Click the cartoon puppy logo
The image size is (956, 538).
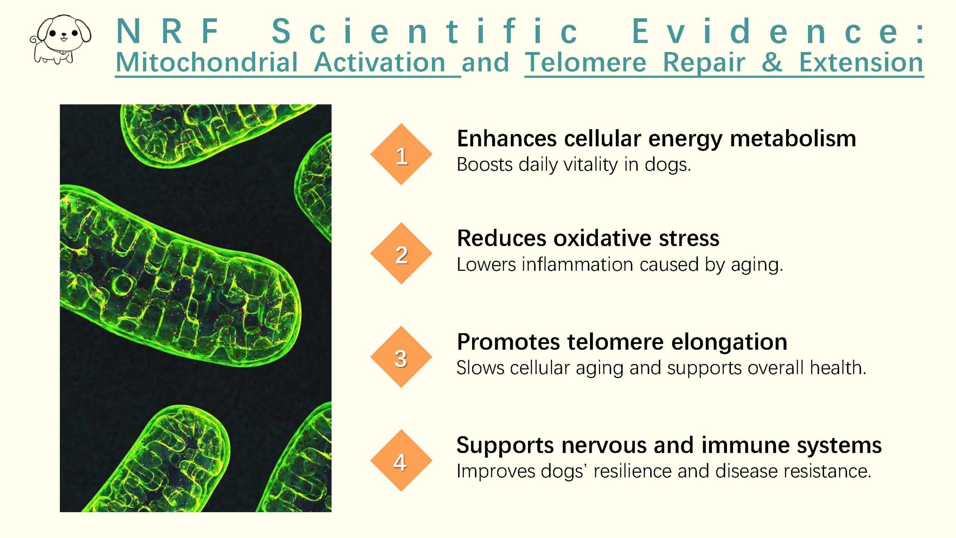point(60,39)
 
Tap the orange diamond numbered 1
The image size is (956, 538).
point(401,154)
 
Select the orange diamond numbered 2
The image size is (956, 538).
point(401,254)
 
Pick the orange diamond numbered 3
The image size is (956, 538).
point(401,357)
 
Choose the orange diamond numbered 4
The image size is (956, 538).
point(401,461)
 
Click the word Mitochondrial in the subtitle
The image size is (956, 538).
point(207,62)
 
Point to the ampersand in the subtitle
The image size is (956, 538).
point(772,62)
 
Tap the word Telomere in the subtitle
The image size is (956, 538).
point(586,62)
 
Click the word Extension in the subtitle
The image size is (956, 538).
point(861,62)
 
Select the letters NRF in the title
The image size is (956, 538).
point(168,31)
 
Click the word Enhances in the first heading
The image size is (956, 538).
point(507,139)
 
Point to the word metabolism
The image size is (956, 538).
point(793,139)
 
